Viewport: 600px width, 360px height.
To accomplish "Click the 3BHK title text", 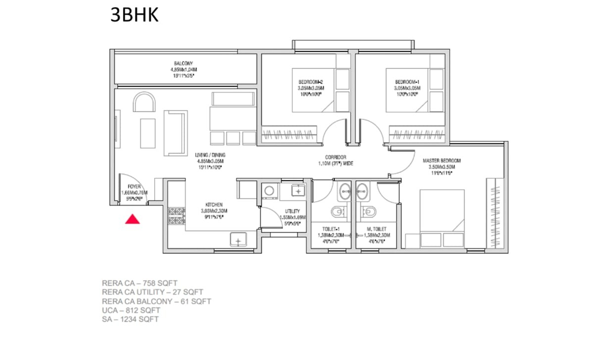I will click(134, 15).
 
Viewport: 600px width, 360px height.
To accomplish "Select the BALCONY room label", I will click(183, 64).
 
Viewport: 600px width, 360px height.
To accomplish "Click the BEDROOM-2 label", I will click(311, 82).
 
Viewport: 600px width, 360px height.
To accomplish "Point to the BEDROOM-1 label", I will click(406, 82).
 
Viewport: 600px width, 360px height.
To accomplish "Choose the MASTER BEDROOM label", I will click(442, 161).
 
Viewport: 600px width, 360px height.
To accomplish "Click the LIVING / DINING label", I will click(209, 155).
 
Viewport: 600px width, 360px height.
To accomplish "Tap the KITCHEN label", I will click(214, 205).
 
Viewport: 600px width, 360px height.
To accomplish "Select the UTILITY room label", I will click(293, 212).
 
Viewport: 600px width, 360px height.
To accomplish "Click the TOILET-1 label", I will click(330, 230).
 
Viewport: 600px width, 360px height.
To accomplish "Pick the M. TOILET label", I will click(376, 230).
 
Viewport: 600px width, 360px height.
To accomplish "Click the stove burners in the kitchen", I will click(176, 216).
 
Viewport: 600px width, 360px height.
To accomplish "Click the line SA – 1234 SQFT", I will click(130, 319).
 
